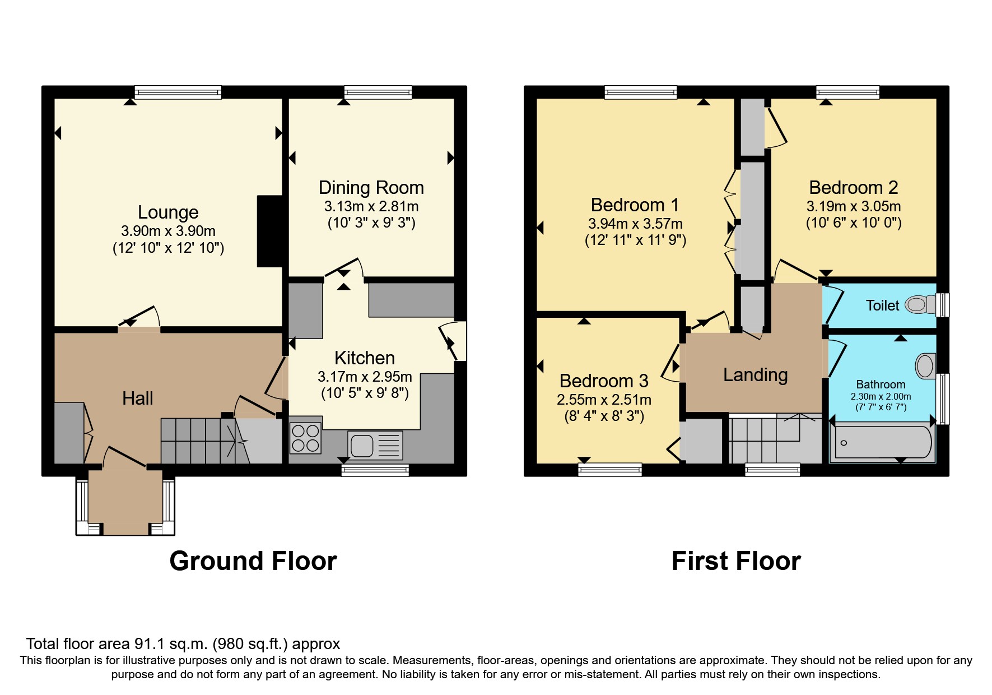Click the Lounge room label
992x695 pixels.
click(x=168, y=212)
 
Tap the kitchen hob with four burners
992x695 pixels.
click(x=306, y=438)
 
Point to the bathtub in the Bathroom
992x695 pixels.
click(x=882, y=443)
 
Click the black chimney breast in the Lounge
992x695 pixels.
click(x=269, y=231)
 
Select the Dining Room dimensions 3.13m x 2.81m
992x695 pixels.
click(x=371, y=206)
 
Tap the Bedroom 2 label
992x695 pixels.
click(x=853, y=188)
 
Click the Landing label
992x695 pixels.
click(x=755, y=374)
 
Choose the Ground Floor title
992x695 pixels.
click(x=253, y=561)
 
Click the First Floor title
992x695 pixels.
click(x=736, y=561)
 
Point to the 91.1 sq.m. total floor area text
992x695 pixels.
click(x=183, y=644)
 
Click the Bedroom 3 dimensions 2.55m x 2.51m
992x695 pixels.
click(x=604, y=400)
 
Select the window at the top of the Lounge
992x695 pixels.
click(x=178, y=92)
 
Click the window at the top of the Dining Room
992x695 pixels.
click(x=378, y=92)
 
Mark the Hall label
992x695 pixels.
click(x=137, y=399)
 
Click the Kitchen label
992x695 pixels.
click(x=365, y=358)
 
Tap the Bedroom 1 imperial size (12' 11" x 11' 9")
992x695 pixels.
click(x=635, y=240)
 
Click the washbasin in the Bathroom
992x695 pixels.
click(x=925, y=366)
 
